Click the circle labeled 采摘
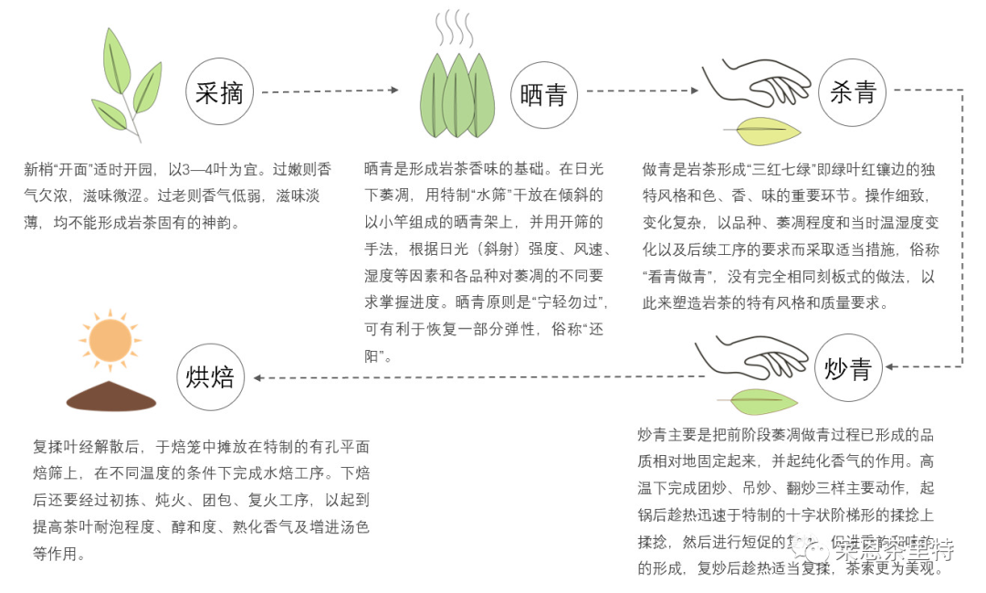click(x=218, y=91)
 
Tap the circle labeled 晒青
click(x=543, y=95)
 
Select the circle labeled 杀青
click(x=852, y=91)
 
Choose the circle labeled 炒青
click(x=848, y=368)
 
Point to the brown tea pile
click(x=111, y=397)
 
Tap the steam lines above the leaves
click(x=453, y=29)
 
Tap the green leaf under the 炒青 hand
click(x=759, y=400)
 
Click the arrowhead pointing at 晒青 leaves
click(x=393, y=90)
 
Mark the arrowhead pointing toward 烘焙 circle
click(x=258, y=376)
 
